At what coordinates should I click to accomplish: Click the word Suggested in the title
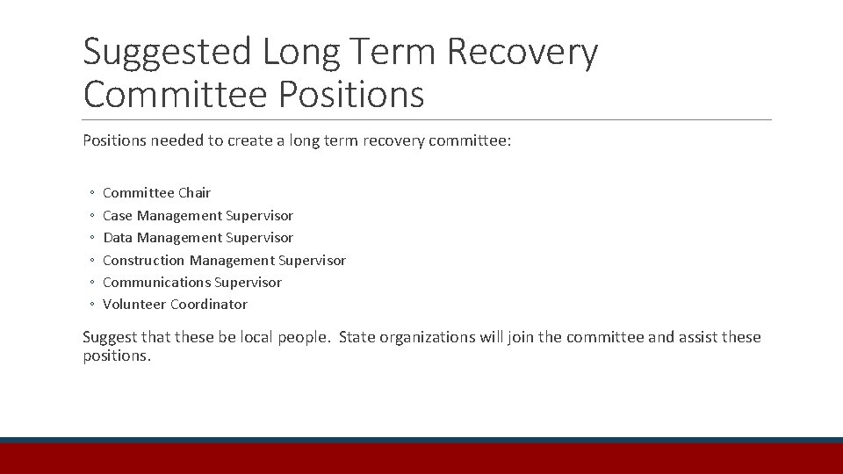(167, 53)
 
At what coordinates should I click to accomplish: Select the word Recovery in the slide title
(523, 53)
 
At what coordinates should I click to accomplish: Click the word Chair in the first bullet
(195, 193)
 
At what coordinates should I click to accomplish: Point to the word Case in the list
(118, 215)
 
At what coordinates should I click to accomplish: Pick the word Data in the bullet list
(118, 238)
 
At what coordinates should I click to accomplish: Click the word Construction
(144, 260)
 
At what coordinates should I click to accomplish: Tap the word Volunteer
(134, 305)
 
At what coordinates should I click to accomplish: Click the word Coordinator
(209, 305)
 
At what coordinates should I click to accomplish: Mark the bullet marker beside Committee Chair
(91, 193)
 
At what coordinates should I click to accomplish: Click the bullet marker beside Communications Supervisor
(91, 283)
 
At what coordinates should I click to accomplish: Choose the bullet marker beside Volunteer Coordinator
(91, 305)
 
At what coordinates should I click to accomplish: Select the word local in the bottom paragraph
(257, 337)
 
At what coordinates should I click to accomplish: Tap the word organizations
(429, 338)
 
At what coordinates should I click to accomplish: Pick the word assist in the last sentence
(700, 337)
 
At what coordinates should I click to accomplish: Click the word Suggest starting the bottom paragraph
(110, 338)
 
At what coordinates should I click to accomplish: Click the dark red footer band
(421, 459)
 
